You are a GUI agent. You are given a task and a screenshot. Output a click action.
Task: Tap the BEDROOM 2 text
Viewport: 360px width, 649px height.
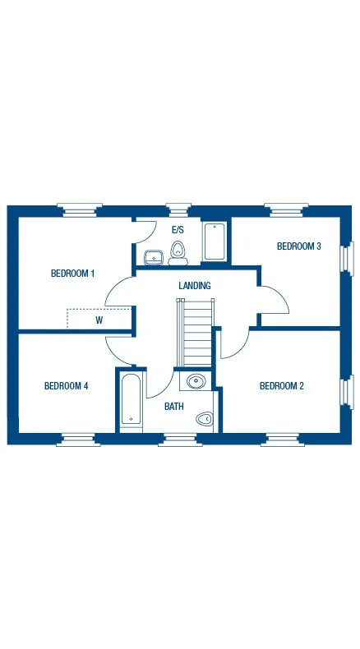tap(282, 386)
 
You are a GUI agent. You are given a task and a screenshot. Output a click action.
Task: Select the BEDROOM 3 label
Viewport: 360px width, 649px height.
tap(298, 246)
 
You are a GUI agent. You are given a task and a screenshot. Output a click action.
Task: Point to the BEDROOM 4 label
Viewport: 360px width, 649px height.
tap(66, 386)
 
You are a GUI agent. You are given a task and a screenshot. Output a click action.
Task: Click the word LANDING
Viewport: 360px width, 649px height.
tap(195, 286)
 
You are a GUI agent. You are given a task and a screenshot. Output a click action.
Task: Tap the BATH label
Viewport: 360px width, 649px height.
tap(173, 407)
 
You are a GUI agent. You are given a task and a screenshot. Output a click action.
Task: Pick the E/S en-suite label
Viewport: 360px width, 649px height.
tap(178, 231)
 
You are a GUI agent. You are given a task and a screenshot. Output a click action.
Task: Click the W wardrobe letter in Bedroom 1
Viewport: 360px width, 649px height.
tap(99, 320)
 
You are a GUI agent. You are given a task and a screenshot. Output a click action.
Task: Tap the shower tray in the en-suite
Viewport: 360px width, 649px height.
tap(215, 242)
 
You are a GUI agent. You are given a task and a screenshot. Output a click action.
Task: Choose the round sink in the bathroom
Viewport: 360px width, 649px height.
tap(196, 380)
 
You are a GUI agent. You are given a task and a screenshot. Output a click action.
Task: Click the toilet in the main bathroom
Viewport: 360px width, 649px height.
tap(204, 420)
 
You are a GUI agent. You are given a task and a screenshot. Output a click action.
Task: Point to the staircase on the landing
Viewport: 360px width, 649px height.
tap(196, 333)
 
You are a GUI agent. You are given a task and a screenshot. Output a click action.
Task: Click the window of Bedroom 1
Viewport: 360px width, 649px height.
tap(81, 209)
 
